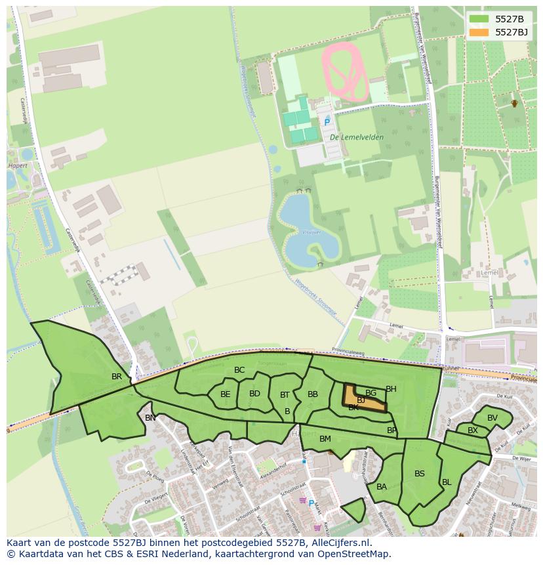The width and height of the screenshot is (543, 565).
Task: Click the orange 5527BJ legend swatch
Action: (x=479, y=32)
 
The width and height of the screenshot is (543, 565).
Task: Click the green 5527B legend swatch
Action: (x=479, y=19)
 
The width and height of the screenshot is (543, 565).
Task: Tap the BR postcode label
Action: (x=117, y=377)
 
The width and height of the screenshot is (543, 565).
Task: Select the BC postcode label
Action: (x=239, y=370)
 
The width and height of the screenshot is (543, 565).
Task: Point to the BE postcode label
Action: (x=226, y=394)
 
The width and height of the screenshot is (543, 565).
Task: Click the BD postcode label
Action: (x=255, y=394)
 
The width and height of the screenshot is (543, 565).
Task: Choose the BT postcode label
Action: (x=285, y=395)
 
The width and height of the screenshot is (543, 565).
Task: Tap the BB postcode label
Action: (x=313, y=394)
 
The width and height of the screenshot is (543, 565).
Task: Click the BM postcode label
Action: (x=325, y=439)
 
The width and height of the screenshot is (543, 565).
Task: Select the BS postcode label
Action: (x=420, y=474)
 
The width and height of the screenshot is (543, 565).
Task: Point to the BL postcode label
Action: (x=447, y=482)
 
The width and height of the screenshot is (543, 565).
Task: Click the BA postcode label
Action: (x=382, y=487)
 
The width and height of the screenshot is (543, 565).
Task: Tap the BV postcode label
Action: (x=493, y=418)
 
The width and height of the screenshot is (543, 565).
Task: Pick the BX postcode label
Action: (x=473, y=430)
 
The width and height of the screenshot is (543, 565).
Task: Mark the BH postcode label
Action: (x=391, y=389)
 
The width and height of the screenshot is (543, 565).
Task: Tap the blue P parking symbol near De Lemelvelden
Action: (x=327, y=122)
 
